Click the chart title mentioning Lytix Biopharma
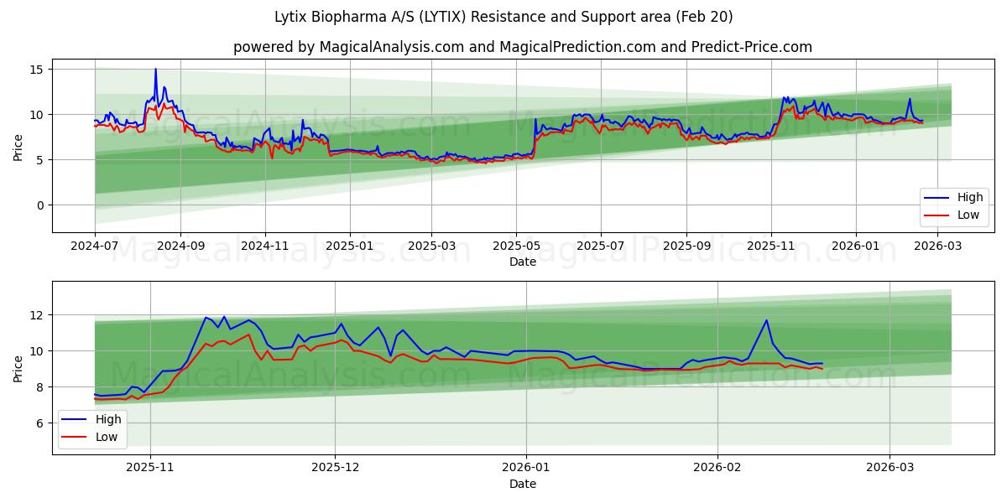pyautogui.click(x=503, y=17)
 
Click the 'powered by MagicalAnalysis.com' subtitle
pyautogui.click(x=522, y=47)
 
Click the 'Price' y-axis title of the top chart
pyautogui.click(x=18, y=146)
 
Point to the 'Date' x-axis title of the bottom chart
pyautogui.click(x=522, y=484)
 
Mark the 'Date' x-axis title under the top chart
pyautogui.click(x=522, y=262)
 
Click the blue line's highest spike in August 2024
pyautogui.click(x=155, y=70)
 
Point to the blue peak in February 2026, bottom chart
pyautogui.click(x=766, y=320)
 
